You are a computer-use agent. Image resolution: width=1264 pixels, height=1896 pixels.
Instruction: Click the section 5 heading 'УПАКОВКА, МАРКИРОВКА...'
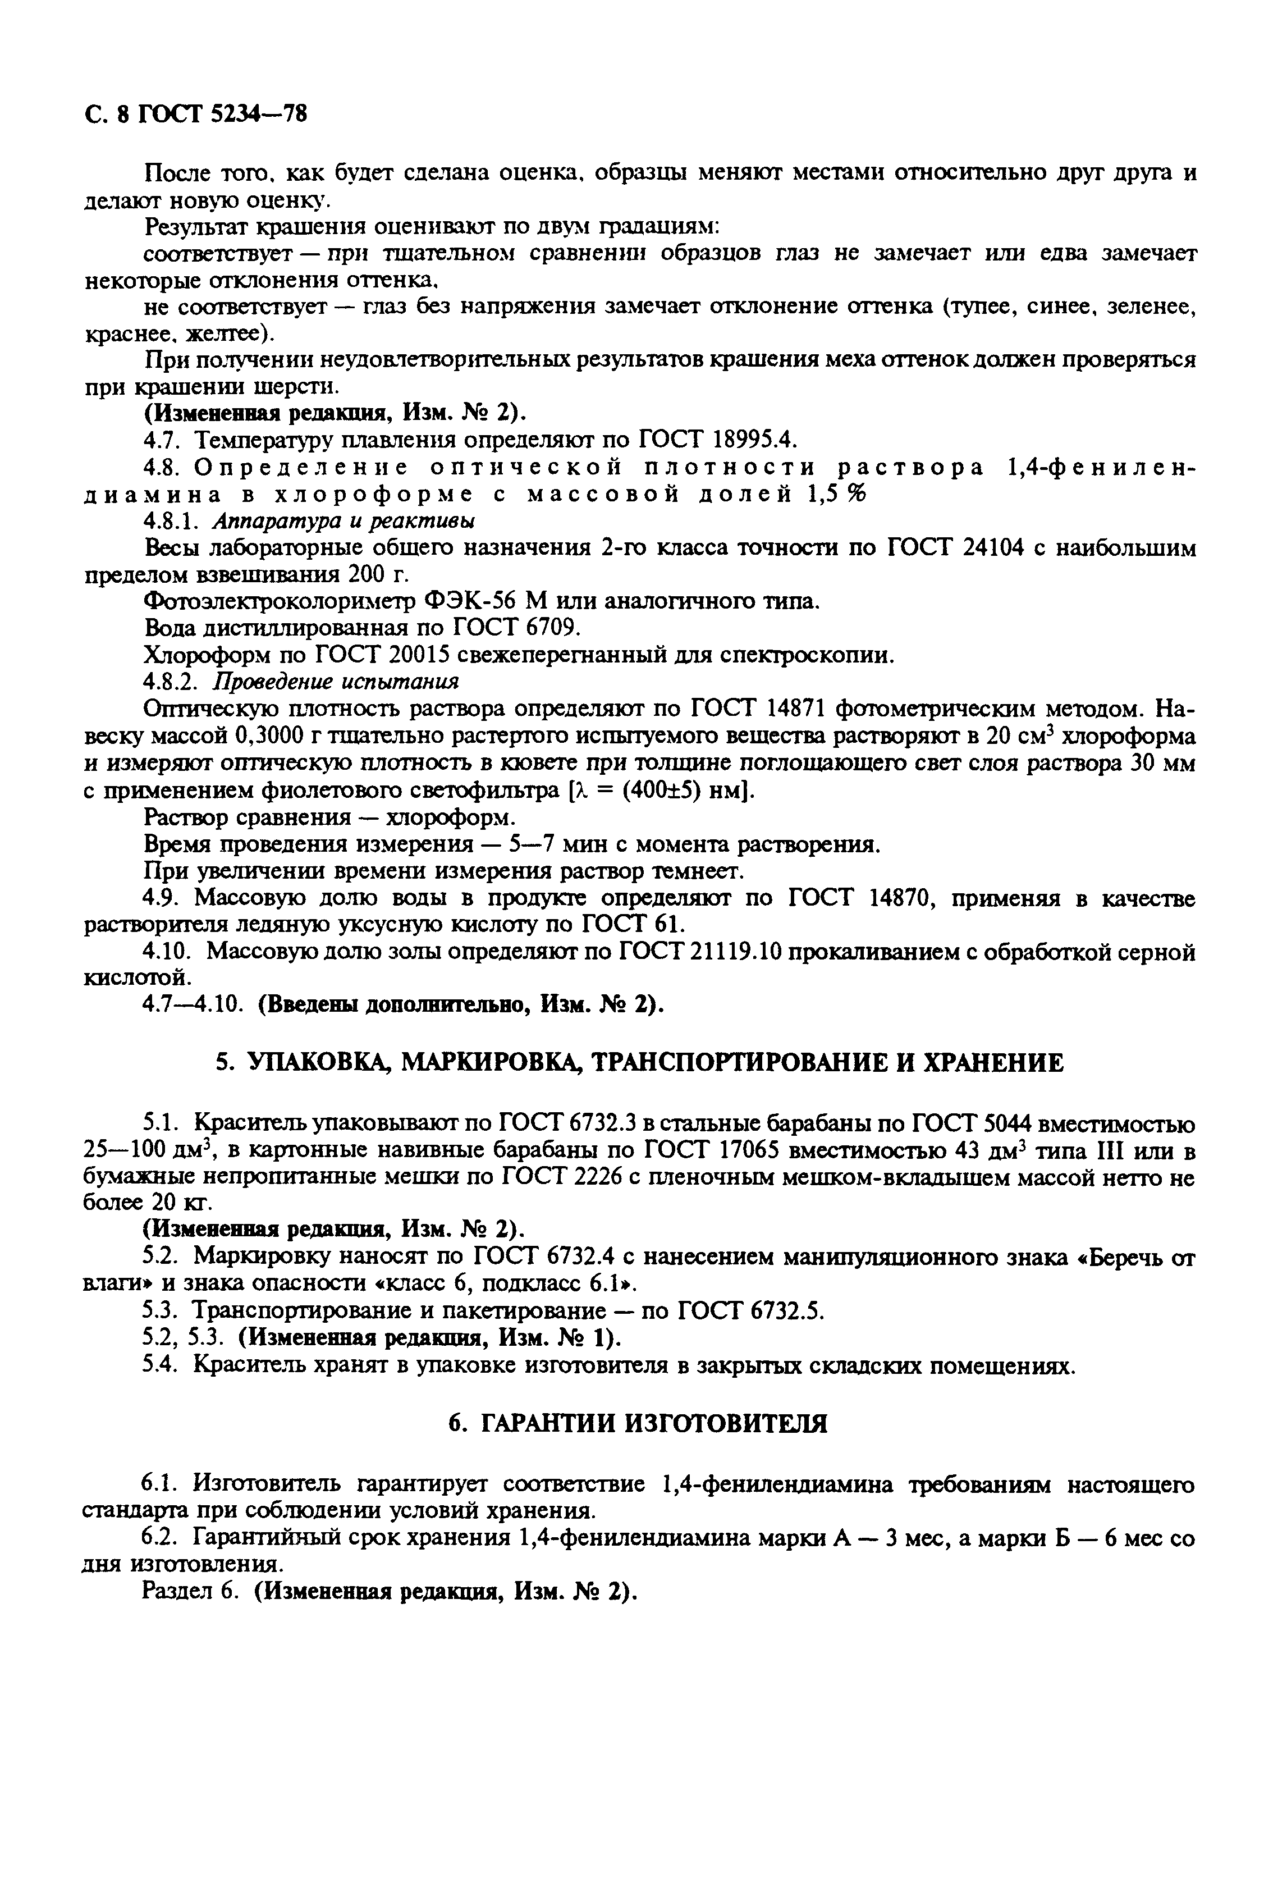click(639, 1062)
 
